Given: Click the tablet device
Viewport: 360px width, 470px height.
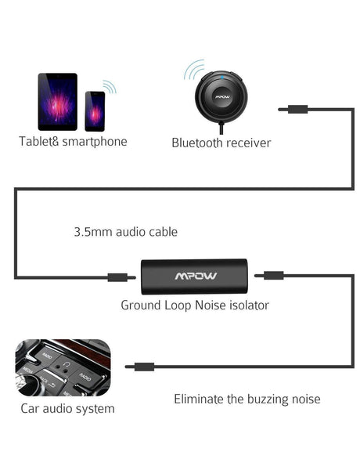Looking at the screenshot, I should pos(57,101).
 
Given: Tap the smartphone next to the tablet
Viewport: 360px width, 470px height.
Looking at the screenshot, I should pos(95,111).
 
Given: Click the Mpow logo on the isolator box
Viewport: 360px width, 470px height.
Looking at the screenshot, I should pos(195,276).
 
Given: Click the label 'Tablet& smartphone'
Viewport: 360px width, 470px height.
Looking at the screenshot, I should pos(73,142).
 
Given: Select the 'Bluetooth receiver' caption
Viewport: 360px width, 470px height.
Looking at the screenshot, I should pos(221,143).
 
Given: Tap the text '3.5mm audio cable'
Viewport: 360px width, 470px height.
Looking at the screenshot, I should pos(125,232).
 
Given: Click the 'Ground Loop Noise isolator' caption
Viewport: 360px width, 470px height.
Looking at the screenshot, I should pos(195,305).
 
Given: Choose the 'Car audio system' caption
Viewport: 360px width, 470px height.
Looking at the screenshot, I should pos(68,408).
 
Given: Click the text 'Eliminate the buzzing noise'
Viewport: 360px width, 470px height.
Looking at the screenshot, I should pos(247,399).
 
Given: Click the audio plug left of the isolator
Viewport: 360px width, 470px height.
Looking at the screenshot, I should pos(117,277).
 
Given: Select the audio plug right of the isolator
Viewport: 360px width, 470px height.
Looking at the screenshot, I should pos(271,275).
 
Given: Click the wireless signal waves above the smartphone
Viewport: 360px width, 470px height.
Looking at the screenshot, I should pos(110,86).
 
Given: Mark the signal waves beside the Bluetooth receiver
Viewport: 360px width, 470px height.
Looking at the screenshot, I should pos(192,72).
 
